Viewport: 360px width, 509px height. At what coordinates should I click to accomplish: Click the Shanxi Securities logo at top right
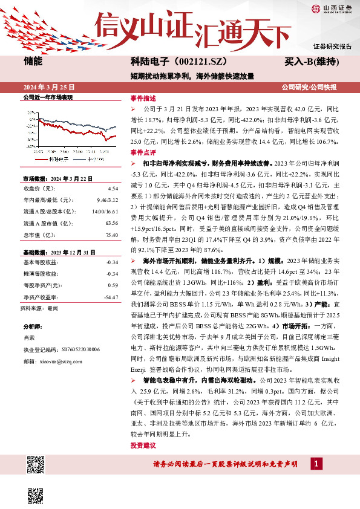click(x=332, y=8)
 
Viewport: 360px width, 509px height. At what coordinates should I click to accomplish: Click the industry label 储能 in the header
click(x=33, y=62)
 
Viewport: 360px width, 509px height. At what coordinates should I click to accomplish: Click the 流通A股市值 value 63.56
click(x=111, y=223)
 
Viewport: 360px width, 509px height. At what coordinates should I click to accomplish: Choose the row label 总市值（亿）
click(x=38, y=235)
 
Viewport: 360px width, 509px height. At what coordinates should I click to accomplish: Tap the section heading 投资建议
click(x=143, y=446)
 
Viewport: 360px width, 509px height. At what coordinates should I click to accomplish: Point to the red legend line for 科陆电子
click(x=42, y=159)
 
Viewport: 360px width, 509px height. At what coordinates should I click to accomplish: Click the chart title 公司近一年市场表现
click(x=48, y=97)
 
